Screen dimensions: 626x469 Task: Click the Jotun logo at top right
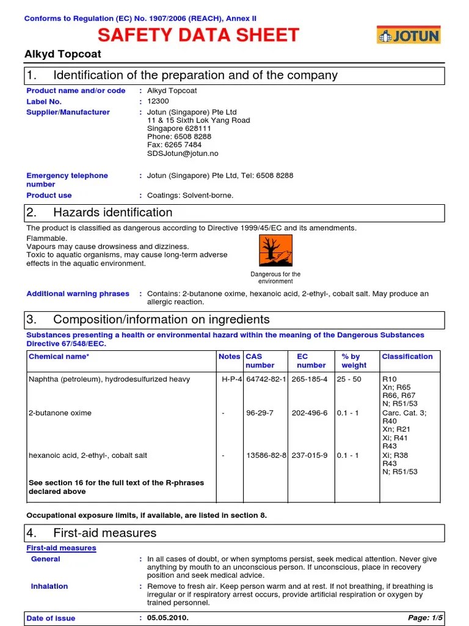[x=408, y=35]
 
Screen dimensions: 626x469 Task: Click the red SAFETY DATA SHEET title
[x=198, y=35]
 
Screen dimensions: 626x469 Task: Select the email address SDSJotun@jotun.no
[x=183, y=153]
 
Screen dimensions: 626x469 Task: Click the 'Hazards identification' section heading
[x=112, y=213]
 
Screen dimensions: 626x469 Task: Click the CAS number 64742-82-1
[x=266, y=379]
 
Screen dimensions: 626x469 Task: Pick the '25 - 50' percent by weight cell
[x=349, y=379]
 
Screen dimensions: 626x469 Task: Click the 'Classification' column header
[x=407, y=356]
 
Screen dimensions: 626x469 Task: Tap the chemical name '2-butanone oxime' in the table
[x=60, y=413]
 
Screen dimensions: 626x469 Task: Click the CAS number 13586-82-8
[x=266, y=455]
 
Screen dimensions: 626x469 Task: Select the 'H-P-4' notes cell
[x=231, y=379]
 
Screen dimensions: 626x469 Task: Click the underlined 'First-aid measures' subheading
[x=61, y=548]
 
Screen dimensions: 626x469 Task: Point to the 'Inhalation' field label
[x=49, y=586]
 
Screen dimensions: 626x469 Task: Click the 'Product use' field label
[x=49, y=196]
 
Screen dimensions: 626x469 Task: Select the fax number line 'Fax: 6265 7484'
[x=174, y=145]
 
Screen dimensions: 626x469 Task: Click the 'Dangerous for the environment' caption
[x=275, y=278]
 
